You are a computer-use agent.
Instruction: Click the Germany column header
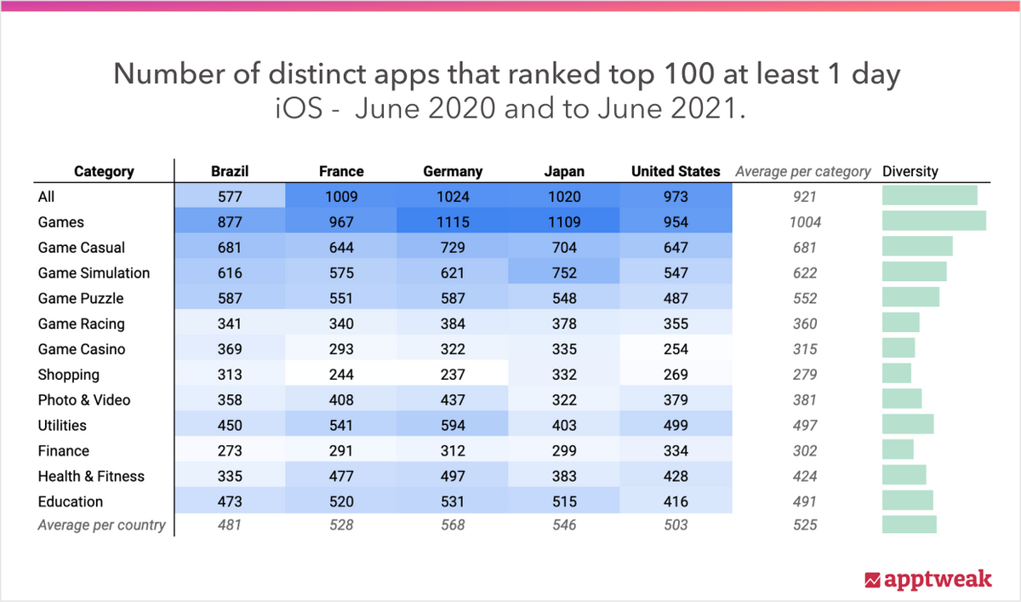coord(453,171)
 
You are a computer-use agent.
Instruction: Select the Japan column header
coord(564,171)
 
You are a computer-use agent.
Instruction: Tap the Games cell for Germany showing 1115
coord(453,222)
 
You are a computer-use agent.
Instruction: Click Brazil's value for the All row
coord(230,197)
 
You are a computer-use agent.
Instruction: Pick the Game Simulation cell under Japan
coord(564,272)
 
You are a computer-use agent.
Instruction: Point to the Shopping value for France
coord(341,375)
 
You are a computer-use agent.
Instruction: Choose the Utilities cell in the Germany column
coord(453,425)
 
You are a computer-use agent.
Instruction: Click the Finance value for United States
coord(676,450)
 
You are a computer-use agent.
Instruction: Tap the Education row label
coord(70,502)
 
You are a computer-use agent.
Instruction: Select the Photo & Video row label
coord(84,400)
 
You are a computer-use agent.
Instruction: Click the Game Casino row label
coord(81,349)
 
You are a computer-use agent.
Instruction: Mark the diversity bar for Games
coord(934,221)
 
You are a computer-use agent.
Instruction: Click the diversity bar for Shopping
coord(897,373)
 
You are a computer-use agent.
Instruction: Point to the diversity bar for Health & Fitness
coord(904,475)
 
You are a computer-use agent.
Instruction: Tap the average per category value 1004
coord(805,222)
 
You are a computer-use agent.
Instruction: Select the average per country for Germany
coord(453,525)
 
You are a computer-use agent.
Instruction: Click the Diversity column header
coord(910,171)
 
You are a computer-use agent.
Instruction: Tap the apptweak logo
coord(928,580)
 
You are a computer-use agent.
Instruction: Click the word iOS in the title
coord(299,108)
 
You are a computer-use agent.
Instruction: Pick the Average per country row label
coord(101,525)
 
